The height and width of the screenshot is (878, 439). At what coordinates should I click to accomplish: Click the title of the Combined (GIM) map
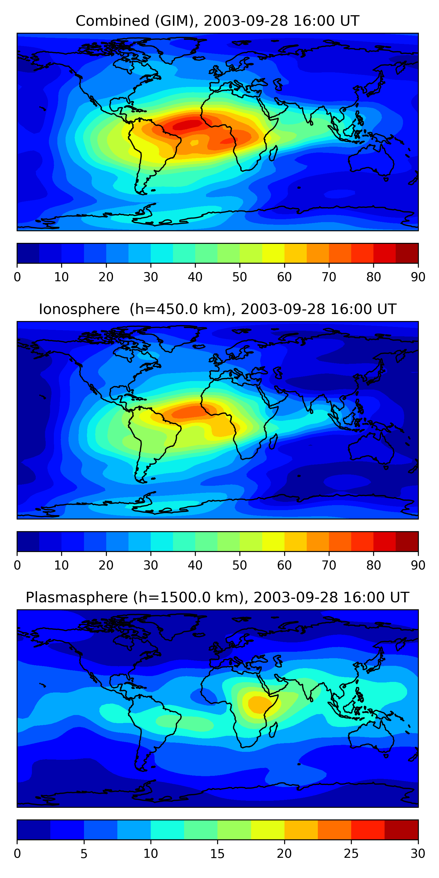pos(217,21)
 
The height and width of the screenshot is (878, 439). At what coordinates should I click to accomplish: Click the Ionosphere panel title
pos(217,309)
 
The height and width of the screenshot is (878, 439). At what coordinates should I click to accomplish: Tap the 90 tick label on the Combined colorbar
pos(418,277)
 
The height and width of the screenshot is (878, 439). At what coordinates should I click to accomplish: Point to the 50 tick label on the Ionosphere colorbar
pos(240,565)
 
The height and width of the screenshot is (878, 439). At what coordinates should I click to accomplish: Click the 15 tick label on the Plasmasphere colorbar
pos(217,854)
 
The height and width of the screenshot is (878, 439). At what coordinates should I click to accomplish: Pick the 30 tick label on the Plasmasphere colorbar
pos(418,854)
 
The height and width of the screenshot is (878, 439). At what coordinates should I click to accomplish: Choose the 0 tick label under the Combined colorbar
pos(17,277)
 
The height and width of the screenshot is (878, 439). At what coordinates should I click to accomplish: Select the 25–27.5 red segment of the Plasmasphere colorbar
pos(368,830)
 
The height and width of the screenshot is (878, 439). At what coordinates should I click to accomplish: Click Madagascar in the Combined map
pos(273,153)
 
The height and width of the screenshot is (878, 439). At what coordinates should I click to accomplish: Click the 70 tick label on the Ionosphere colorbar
pos(329,565)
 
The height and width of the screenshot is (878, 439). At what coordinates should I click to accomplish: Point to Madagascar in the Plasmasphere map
pos(273,730)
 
